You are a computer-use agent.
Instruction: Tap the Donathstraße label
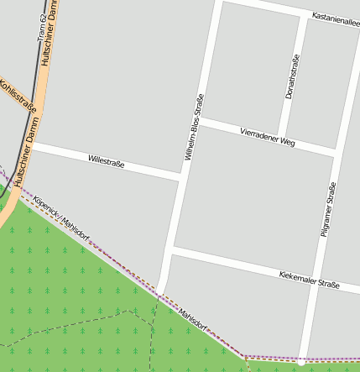point(292,76)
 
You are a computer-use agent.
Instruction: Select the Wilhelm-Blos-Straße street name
point(194,126)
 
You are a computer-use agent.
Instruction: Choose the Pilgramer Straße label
point(328,208)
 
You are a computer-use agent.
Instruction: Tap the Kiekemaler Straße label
point(308,280)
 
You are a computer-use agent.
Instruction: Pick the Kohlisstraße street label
point(18,96)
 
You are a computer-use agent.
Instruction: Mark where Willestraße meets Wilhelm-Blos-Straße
point(181,178)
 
